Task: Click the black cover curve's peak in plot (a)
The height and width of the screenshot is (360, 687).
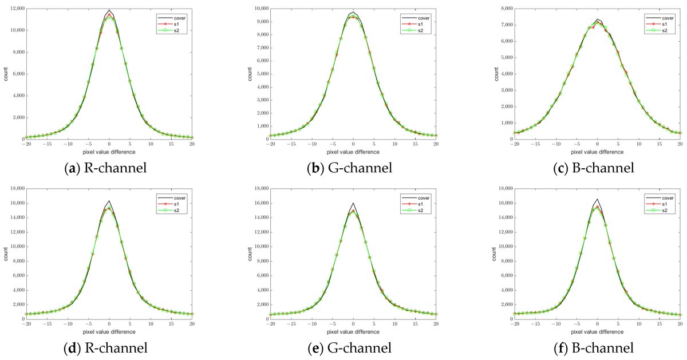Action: tap(109, 10)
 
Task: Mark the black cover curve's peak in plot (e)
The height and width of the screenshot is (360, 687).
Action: tap(353, 203)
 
